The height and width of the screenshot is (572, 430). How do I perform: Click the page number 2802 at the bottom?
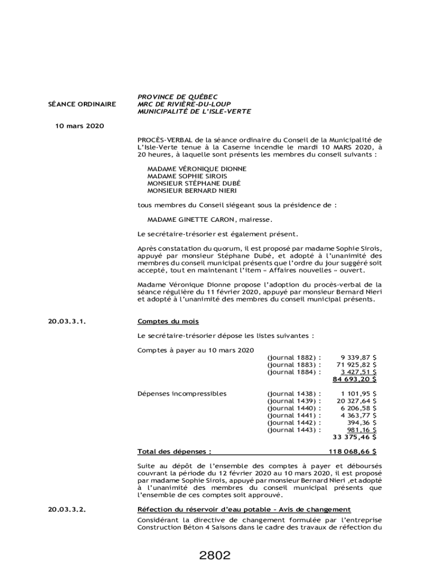(x=214, y=556)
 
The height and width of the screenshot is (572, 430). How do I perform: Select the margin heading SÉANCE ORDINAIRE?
(x=82, y=104)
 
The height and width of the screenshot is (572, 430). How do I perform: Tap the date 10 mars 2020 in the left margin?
(x=79, y=126)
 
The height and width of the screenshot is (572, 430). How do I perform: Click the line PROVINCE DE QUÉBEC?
(x=178, y=97)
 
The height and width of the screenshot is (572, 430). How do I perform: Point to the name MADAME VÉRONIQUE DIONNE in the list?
(x=197, y=169)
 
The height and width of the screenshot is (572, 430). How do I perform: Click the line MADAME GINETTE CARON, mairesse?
(x=210, y=220)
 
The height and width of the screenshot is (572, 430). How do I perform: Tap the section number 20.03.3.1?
(x=66, y=321)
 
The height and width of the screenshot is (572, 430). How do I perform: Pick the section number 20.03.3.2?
(x=66, y=509)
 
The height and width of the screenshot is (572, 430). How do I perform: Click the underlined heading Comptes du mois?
(x=168, y=321)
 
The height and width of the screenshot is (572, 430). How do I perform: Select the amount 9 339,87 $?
(x=358, y=357)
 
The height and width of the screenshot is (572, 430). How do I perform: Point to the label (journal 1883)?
(x=294, y=364)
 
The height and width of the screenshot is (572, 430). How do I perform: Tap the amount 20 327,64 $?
(x=356, y=401)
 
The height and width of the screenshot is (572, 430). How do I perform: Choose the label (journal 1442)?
(x=294, y=422)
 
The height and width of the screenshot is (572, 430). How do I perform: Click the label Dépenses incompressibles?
(x=182, y=393)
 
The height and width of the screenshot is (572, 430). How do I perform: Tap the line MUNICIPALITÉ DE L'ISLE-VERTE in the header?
(x=194, y=111)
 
